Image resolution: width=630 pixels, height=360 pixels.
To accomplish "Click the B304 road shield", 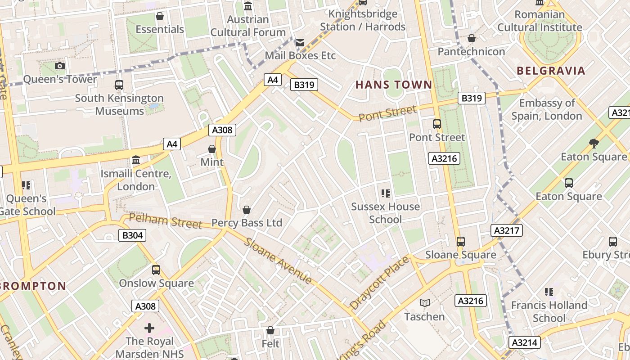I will point(132,235).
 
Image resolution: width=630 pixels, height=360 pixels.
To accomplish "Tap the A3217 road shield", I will point(507,231).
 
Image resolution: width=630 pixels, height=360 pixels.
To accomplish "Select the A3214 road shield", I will point(525,342).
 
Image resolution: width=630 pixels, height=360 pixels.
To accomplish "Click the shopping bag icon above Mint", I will point(212,149).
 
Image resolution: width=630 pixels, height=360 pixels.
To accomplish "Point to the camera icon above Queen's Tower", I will point(59,66).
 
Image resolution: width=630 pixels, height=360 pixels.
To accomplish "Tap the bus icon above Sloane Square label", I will point(460,242).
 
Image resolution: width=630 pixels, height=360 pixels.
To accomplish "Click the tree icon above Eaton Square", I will point(594,144).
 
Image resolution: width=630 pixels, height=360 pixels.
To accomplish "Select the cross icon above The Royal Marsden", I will point(149,328).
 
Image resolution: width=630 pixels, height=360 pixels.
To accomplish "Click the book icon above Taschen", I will point(424,303).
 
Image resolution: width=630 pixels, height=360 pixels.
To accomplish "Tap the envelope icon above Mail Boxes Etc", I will point(300,43).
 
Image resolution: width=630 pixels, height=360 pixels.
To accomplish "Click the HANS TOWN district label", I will point(394,85).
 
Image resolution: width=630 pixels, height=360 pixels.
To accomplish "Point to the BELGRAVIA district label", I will point(551,71).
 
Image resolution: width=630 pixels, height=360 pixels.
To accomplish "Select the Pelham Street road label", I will point(166,220).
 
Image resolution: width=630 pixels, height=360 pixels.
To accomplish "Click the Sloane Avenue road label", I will point(279,260).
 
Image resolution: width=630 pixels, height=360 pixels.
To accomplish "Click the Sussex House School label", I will point(385,213).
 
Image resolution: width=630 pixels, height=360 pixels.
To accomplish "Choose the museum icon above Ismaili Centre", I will point(135,160).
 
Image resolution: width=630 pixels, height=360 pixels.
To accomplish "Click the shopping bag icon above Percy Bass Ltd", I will point(247,210).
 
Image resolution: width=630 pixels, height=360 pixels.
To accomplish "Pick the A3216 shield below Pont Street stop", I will point(444,158).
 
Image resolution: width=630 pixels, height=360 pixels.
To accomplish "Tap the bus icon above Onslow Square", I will point(156,270).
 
